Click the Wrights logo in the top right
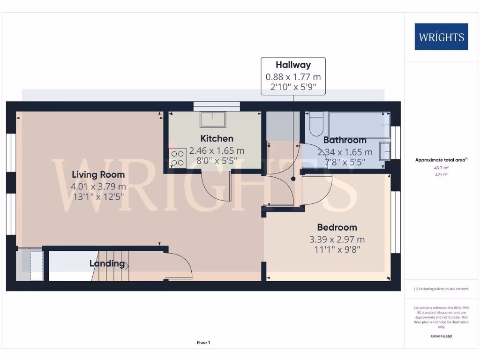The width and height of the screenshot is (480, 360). tap(441, 37)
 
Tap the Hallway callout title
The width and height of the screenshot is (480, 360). tap(293, 65)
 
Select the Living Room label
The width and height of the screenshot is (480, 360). tap(98, 175)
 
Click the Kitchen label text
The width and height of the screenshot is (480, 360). tap(217, 138)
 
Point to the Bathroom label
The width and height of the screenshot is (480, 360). tap(345, 140)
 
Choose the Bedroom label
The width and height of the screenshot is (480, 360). tap(337, 227)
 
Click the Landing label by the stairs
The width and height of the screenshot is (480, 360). tap(107, 263)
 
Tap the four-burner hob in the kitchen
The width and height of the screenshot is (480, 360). tap(177, 157)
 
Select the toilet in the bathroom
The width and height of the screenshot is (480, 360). tap(315, 122)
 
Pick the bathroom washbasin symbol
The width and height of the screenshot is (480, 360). tap(384, 151)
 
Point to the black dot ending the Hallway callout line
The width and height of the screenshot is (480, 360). tap(293, 179)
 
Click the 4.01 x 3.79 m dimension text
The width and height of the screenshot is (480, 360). tap(98, 187)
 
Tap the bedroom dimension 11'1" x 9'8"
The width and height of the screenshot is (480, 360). tap(337, 249)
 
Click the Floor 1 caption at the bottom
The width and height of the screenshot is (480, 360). tap(203, 343)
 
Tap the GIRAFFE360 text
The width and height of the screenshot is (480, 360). tap(441, 336)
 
